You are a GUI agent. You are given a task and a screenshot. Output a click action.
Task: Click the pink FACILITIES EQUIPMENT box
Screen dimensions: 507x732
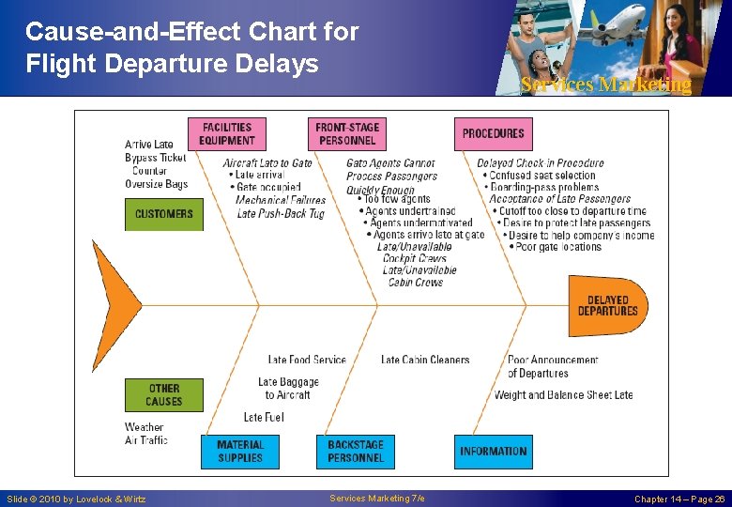coord(227,133)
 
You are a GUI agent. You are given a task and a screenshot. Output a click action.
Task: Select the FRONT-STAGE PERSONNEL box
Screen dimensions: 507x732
coord(346,133)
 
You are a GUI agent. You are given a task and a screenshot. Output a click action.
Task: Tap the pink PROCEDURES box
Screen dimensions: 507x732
coord(493,133)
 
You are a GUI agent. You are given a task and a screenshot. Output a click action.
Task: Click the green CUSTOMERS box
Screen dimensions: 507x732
coord(163,214)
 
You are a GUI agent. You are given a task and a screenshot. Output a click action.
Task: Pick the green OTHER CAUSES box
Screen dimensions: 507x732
coord(163,394)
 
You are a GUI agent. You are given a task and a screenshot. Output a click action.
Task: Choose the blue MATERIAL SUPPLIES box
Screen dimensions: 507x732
coord(240,452)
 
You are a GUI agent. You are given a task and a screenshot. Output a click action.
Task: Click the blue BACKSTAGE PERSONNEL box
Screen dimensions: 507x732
coord(356,452)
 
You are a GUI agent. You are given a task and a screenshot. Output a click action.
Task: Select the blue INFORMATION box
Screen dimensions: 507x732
coord(493,452)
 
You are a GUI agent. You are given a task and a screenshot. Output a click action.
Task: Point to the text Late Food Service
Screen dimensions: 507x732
coord(307,360)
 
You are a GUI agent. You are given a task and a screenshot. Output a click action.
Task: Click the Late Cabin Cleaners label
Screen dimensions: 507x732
coord(425,360)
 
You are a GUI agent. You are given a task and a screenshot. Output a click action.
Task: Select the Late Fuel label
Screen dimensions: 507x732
coord(264,417)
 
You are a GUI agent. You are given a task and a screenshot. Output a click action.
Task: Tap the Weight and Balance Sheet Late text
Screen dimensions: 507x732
coord(563,395)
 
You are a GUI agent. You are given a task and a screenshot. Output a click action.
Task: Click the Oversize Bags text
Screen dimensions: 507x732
coord(157,184)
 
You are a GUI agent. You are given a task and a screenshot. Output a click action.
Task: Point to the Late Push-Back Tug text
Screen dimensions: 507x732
coord(281,213)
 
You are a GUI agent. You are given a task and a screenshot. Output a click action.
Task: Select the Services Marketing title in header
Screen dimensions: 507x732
coord(605,84)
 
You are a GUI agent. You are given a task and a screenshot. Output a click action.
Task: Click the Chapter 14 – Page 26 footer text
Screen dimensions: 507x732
coord(679,499)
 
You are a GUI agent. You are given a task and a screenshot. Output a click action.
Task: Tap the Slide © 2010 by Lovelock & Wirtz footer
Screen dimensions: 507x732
coord(76,499)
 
